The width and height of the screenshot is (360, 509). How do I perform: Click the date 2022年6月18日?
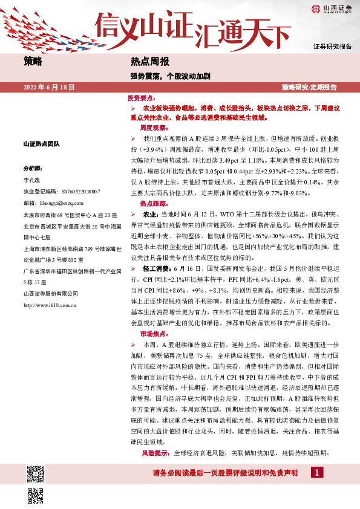(x=48, y=88)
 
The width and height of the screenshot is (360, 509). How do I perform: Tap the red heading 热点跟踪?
(x=154, y=204)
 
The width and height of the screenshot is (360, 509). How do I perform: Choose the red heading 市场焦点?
(x=154, y=333)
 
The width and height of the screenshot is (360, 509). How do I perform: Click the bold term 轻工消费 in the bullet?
(x=157, y=269)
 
